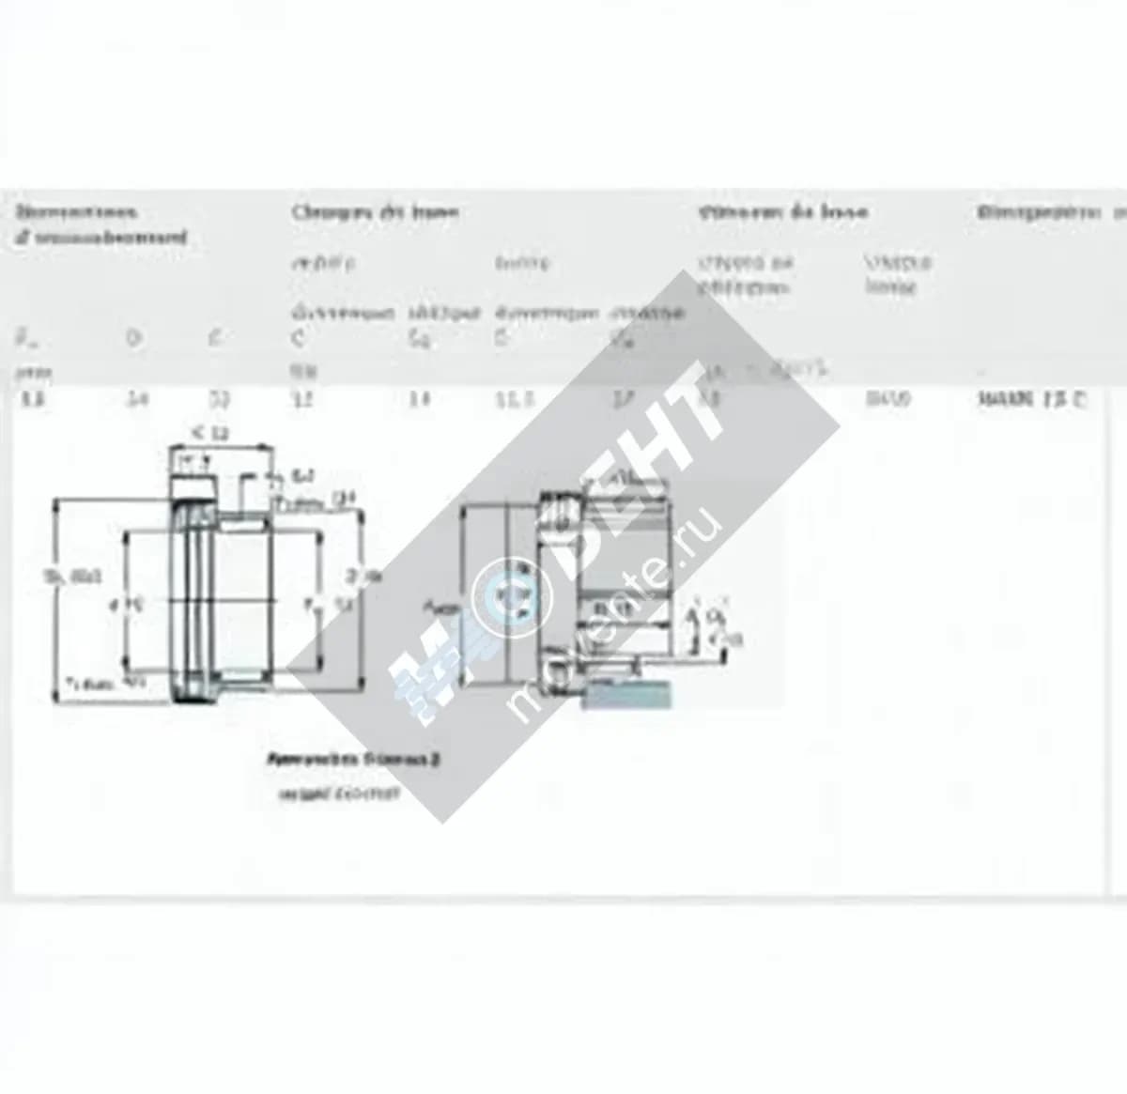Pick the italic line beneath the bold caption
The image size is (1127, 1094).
click(339, 794)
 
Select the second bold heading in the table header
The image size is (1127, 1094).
click(374, 211)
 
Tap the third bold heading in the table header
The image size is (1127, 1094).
click(782, 211)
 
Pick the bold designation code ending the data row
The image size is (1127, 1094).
click(1034, 398)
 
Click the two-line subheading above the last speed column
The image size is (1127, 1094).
click(896, 275)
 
